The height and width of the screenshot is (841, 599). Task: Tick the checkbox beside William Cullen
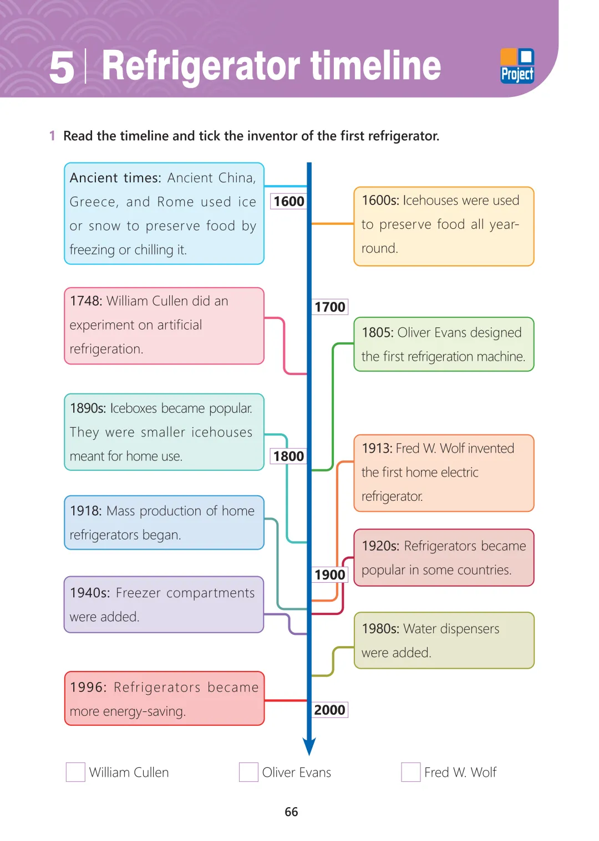click(x=75, y=772)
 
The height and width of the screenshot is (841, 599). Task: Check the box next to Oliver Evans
click(x=248, y=772)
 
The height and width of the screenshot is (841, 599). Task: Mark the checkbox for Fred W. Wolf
click(x=410, y=772)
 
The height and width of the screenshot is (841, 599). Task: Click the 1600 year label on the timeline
click(x=289, y=201)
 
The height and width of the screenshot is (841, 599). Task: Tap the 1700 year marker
click(x=330, y=307)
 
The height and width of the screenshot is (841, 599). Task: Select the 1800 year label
click(x=289, y=456)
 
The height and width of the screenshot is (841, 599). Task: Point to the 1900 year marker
click(x=330, y=575)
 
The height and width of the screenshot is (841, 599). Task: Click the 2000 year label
click(x=330, y=710)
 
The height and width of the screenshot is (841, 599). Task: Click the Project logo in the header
click(x=517, y=66)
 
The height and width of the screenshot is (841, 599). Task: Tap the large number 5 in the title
click(x=62, y=68)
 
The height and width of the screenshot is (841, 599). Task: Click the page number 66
click(x=291, y=812)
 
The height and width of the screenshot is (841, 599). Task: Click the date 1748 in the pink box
click(x=86, y=301)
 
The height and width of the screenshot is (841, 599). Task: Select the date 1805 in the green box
click(x=378, y=332)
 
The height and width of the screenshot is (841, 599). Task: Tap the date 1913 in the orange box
click(x=377, y=448)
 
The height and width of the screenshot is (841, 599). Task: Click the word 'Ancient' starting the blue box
click(x=94, y=178)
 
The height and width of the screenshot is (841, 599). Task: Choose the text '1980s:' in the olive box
click(x=380, y=629)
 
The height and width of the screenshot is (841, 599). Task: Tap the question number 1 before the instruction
click(x=52, y=136)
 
